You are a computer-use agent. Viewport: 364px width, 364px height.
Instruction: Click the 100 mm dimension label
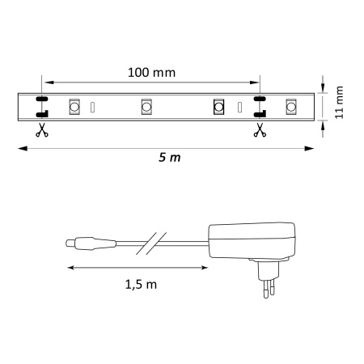pos(152,71)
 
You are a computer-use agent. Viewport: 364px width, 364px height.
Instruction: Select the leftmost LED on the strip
pos(74,106)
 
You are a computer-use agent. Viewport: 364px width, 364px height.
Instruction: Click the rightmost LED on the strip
pos(291,106)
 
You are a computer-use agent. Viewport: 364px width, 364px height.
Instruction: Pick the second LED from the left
pos(147,106)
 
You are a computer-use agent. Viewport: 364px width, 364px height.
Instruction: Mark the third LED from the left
pos(218,106)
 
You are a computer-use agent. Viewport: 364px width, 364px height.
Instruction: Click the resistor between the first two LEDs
pos(92,106)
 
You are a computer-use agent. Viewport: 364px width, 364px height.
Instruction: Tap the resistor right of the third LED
pos(239,106)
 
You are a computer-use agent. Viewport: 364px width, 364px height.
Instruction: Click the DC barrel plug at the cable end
pos(81,241)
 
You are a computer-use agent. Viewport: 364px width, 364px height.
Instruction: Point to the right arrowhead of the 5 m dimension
pos(311,147)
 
